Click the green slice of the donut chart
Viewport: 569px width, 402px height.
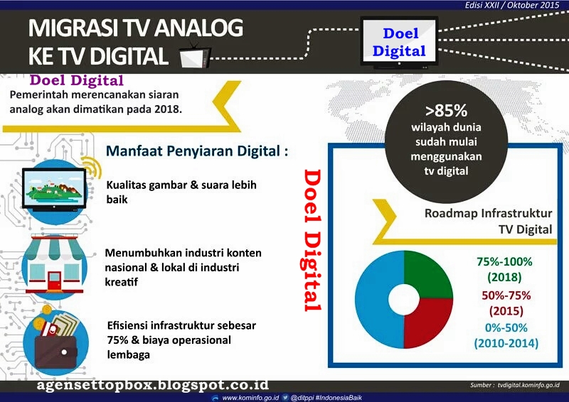click(x=428, y=273)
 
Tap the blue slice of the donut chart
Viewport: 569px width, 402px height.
click(x=374, y=300)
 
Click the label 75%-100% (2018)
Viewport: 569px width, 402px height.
click(x=504, y=269)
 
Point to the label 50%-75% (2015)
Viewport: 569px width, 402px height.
click(x=506, y=303)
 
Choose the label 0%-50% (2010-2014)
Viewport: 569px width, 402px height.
click(x=506, y=335)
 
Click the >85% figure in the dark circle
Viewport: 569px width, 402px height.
click(x=447, y=111)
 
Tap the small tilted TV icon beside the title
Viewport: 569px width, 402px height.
click(x=195, y=55)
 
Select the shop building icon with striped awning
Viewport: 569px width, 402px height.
click(x=55, y=265)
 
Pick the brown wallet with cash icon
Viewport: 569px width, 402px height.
click(x=55, y=341)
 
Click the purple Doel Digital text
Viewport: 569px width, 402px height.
click(x=77, y=80)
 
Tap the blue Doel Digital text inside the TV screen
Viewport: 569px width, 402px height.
click(x=399, y=42)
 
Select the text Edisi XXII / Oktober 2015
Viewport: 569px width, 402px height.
click(x=512, y=5)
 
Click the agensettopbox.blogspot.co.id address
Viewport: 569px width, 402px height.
click(x=152, y=386)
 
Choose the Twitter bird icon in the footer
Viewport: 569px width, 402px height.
click(x=286, y=398)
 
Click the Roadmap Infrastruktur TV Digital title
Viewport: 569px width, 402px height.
click(x=489, y=221)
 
